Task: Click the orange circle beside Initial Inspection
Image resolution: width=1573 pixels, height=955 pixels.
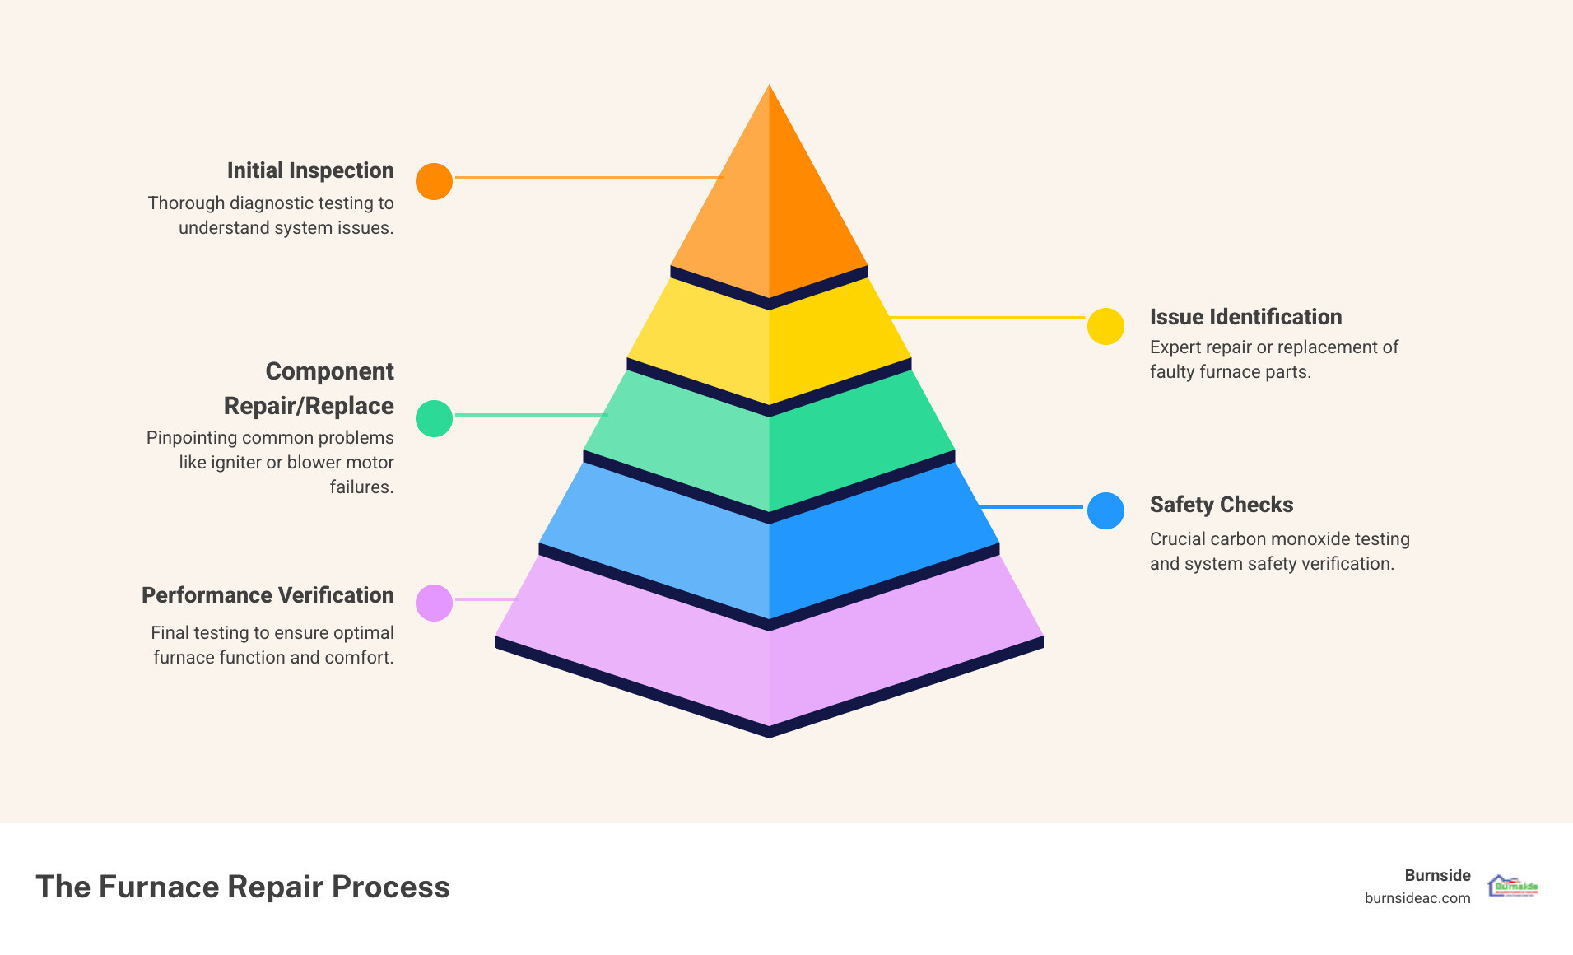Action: tap(434, 181)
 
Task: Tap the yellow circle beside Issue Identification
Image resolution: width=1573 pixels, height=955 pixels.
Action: tap(1105, 326)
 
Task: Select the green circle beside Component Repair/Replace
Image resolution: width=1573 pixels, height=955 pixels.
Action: tap(434, 418)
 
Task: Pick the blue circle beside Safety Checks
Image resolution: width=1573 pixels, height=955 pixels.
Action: tap(1105, 510)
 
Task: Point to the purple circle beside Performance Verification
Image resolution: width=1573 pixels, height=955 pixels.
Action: tap(434, 603)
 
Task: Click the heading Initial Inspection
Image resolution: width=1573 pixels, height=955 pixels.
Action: tap(310, 170)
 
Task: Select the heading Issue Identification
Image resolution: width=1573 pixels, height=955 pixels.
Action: tap(1245, 317)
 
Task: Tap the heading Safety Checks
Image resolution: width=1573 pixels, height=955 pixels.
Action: tap(1222, 505)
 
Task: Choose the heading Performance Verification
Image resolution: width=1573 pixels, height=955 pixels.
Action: tap(268, 595)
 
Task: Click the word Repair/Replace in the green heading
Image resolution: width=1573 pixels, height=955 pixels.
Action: tap(309, 406)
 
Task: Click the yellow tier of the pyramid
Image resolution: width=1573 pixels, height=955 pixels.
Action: tap(769, 346)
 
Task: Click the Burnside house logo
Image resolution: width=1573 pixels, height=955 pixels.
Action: tap(1513, 886)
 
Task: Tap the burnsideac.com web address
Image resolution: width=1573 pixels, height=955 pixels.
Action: tap(1417, 898)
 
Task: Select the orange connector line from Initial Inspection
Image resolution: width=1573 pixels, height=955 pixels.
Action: tap(588, 178)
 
